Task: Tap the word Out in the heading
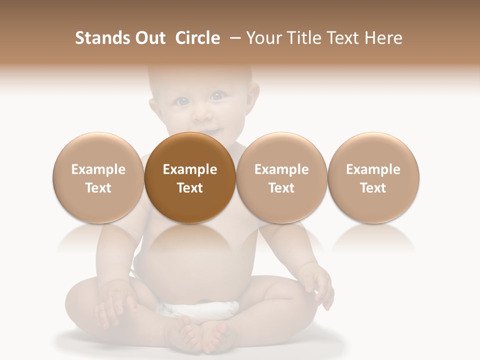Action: point(149,38)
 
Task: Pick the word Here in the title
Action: point(383,38)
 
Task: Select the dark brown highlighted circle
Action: point(190,177)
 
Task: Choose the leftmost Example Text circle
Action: point(98,177)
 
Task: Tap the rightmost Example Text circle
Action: point(373,177)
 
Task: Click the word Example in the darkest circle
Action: point(190,169)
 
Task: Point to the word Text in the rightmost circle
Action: point(373,188)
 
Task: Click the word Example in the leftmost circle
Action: point(98,169)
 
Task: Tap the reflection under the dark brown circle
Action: point(190,240)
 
